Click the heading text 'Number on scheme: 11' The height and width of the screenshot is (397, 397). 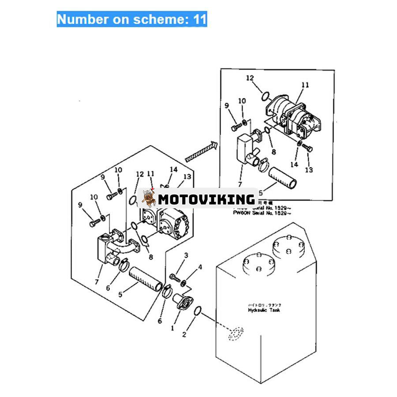131,19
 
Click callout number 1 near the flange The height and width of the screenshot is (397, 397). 173,328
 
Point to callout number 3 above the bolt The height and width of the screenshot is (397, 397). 186,256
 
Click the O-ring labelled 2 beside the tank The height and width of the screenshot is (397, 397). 198,311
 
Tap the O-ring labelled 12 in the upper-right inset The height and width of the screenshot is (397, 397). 265,95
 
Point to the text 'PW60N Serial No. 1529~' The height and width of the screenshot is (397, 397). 262,213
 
